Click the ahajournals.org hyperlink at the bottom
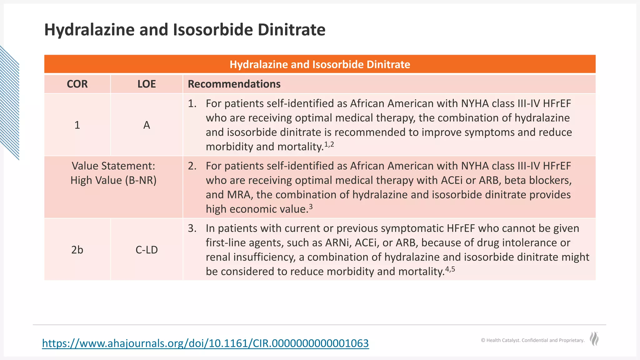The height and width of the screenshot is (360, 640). pyautogui.click(x=205, y=343)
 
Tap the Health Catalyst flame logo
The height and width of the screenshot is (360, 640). pyautogui.click(x=594, y=339)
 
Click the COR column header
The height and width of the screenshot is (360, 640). pyautogui.click(x=77, y=84)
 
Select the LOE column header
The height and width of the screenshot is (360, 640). pyautogui.click(x=147, y=84)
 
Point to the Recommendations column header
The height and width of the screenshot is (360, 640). pyautogui.click(x=234, y=84)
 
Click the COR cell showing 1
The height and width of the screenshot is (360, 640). pyautogui.click(x=77, y=125)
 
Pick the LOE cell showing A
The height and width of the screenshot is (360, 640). pyautogui.click(x=147, y=125)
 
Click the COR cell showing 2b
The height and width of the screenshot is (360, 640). pyautogui.click(x=77, y=250)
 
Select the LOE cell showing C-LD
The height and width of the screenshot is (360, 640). pyautogui.click(x=147, y=250)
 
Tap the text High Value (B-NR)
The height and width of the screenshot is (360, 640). pyautogui.click(x=113, y=180)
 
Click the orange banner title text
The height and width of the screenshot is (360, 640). pyautogui.click(x=320, y=64)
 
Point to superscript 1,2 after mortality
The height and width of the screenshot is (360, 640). pyautogui.click(x=329, y=144)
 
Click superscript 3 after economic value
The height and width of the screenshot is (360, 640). pyautogui.click(x=311, y=207)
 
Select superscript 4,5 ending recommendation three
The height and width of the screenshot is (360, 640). pyautogui.click(x=450, y=269)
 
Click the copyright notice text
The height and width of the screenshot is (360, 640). pyautogui.click(x=532, y=340)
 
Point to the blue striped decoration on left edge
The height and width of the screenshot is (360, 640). pyautogui.click(x=9, y=103)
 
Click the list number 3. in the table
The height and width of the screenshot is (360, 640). pyautogui.click(x=192, y=228)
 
